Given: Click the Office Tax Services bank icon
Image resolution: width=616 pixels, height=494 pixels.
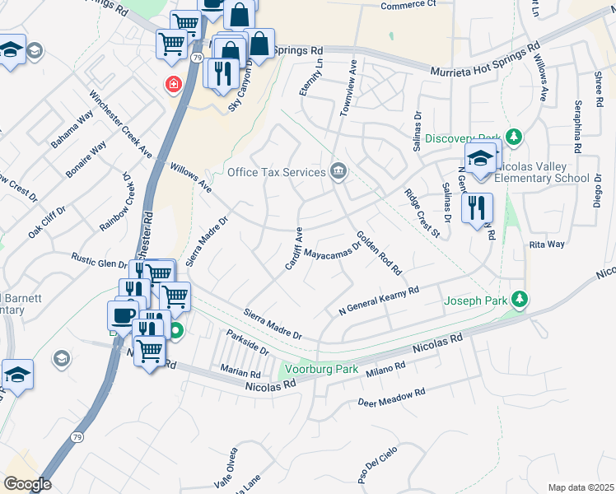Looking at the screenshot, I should (338, 171).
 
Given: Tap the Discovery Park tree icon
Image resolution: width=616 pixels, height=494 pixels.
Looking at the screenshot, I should (515, 137).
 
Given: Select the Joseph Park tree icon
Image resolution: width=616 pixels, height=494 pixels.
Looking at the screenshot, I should (519, 300).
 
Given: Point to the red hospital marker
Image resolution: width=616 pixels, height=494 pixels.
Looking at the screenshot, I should (174, 84).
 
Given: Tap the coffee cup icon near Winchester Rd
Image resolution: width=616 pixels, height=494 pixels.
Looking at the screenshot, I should (124, 315).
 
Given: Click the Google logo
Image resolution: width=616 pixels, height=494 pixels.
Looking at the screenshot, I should (27, 484).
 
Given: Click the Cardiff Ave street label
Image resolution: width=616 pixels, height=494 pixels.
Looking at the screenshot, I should (294, 247).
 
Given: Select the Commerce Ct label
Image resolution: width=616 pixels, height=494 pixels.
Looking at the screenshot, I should (408, 5).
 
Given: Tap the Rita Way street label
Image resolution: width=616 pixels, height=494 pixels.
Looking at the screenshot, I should (547, 245).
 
